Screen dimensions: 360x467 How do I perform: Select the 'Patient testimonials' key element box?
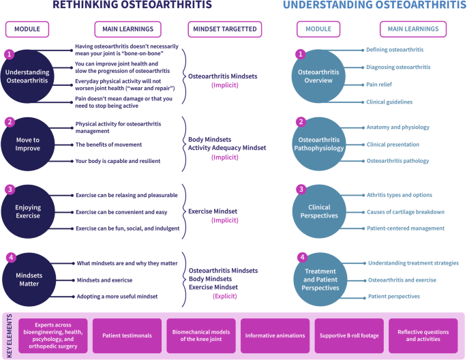click(x=127, y=335)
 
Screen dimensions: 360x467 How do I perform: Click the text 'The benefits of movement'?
click(x=108, y=145)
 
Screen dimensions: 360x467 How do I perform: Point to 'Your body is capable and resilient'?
click(x=118, y=161)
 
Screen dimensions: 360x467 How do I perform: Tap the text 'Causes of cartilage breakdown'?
click(x=405, y=212)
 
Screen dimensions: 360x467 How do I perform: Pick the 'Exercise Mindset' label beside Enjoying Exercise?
click(x=213, y=211)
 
